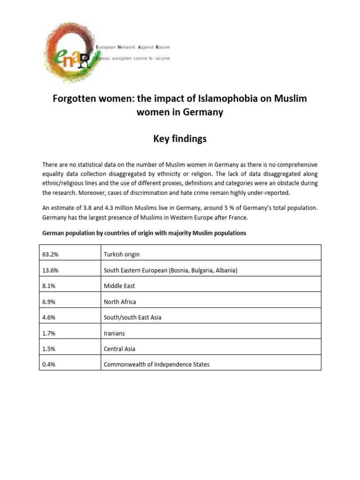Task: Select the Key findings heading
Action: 180,139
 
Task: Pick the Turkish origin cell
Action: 121,254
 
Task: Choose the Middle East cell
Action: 119,286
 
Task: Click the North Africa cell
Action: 120,302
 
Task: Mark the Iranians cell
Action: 114,333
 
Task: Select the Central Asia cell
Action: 120,349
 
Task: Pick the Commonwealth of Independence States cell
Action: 157,364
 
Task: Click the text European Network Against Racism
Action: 133,48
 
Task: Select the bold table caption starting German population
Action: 144,233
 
